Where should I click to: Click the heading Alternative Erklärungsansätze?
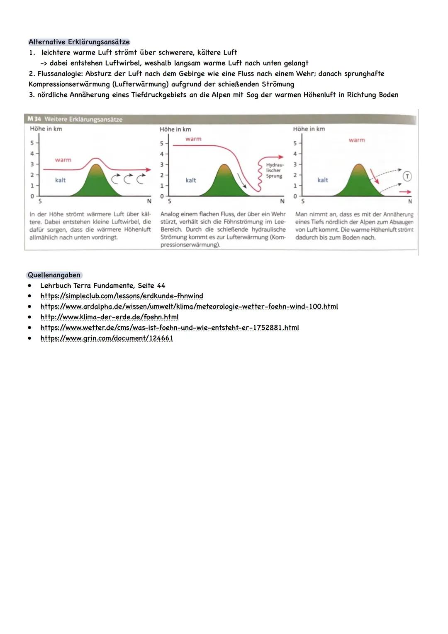[79, 42]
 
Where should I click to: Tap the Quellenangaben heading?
[54, 275]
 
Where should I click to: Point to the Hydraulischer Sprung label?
[274, 170]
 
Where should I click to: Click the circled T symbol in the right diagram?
[407, 176]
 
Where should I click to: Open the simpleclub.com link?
[122, 296]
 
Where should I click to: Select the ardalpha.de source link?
[189, 306]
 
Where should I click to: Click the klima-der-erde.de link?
[109, 317]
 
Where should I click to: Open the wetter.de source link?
[169, 328]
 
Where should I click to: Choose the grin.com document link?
[107, 338]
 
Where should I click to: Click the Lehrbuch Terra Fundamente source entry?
[102, 286]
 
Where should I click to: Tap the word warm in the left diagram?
[63, 160]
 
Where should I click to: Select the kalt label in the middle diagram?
[191, 180]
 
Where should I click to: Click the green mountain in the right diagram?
[359, 183]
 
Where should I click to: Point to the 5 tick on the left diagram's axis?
[32, 143]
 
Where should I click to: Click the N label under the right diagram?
[410, 201]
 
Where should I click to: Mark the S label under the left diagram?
[40, 201]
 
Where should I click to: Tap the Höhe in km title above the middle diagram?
[175, 129]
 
